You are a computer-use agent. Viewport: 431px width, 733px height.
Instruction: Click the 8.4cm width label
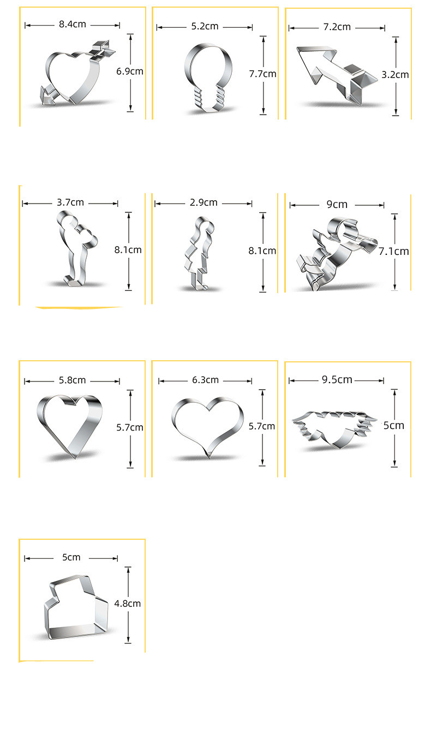[72, 24]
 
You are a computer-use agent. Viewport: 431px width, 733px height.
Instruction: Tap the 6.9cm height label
[130, 71]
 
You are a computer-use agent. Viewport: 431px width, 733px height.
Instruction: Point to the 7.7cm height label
[262, 74]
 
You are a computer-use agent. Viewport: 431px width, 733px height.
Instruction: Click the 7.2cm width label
[337, 27]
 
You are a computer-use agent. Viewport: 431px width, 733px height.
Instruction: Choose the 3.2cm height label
[395, 75]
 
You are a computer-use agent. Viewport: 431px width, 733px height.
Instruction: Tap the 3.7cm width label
[70, 202]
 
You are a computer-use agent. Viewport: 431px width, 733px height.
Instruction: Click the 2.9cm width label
[203, 202]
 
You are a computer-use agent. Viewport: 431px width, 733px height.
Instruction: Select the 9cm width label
[337, 205]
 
